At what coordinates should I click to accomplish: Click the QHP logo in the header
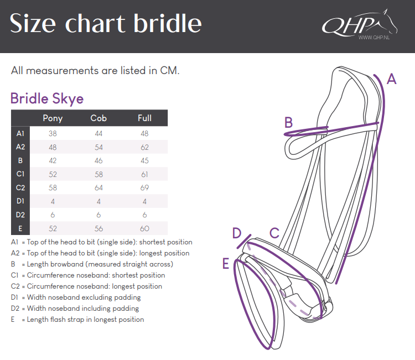tap(360, 24)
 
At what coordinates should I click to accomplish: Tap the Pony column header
tap(53, 118)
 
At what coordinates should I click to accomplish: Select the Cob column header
tap(98, 118)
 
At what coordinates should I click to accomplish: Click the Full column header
tap(144, 118)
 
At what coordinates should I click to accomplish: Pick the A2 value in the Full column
tap(144, 147)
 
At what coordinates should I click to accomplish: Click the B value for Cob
tap(98, 160)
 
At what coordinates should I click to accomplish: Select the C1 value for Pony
tap(53, 174)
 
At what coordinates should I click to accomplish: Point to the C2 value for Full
tap(144, 188)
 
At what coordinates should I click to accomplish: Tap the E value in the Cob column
tap(98, 228)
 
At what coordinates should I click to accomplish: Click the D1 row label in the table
tap(20, 201)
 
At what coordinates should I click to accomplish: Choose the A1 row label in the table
tap(20, 134)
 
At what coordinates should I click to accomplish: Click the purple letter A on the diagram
tap(391, 79)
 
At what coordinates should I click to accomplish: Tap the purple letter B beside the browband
tap(288, 122)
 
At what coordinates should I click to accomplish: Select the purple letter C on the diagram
tap(274, 233)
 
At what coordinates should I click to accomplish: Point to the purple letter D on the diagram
tap(237, 233)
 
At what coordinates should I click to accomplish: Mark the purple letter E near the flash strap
tap(226, 263)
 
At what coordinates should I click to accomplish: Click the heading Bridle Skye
tap(47, 98)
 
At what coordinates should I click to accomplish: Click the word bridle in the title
tap(168, 23)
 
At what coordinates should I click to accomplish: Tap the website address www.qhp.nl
tap(374, 38)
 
